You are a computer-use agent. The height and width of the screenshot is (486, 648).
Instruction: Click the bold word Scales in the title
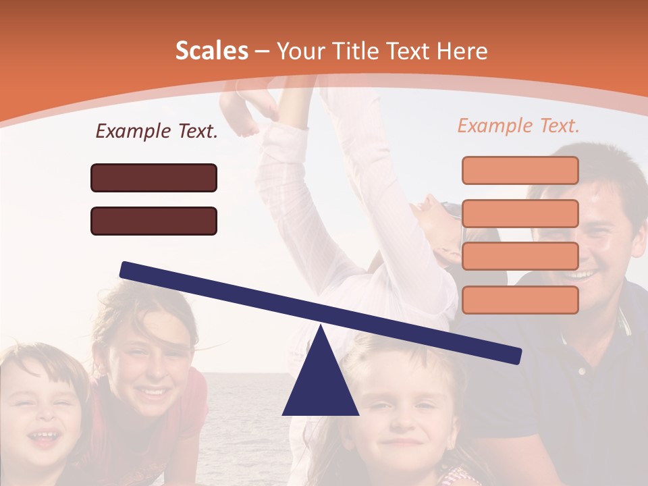(x=211, y=51)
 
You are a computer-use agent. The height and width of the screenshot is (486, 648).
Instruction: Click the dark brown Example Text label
(x=157, y=131)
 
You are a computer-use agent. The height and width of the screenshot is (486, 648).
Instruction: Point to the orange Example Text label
(x=518, y=126)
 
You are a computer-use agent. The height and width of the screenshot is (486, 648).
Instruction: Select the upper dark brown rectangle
(x=154, y=178)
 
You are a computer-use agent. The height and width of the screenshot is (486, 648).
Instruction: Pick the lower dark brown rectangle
(x=154, y=221)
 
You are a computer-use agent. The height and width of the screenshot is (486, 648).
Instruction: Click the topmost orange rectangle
(x=520, y=170)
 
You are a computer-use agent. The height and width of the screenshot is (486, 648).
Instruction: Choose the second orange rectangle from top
(x=520, y=213)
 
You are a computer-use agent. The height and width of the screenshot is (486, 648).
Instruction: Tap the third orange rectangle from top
(x=520, y=256)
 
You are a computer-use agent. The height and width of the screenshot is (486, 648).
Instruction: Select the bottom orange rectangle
(x=520, y=300)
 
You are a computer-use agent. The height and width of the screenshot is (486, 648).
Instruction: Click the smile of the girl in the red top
(x=153, y=391)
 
